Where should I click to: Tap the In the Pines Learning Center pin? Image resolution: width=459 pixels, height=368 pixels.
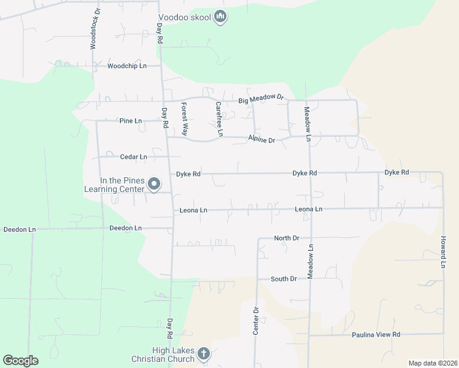[x=154, y=183]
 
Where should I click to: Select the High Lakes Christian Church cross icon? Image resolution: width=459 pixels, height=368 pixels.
[x=204, y=353]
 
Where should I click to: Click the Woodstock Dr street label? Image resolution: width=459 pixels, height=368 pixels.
[x=95, y=29]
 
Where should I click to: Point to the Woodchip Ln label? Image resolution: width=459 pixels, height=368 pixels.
[x=127, y=66]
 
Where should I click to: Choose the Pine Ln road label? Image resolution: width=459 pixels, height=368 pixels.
[x=131, y=121]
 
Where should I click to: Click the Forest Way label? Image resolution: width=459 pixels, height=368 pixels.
[x=184, y=119]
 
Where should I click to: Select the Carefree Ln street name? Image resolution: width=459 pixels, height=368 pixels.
[x=218, y=119]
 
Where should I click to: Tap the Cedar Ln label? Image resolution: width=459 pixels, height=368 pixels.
[x=133, y=157]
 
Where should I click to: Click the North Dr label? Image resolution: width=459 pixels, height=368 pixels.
[x=286, y=238]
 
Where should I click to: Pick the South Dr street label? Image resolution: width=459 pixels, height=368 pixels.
[x=283, y=279]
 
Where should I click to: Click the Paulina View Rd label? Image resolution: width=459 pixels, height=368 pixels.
[x=376, y=334]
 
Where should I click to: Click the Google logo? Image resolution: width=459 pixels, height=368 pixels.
[x=20, y=361]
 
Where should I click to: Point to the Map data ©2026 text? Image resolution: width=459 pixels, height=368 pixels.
[x=432, y=363]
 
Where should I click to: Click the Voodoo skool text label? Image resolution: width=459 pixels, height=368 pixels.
[x=184, y=18]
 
